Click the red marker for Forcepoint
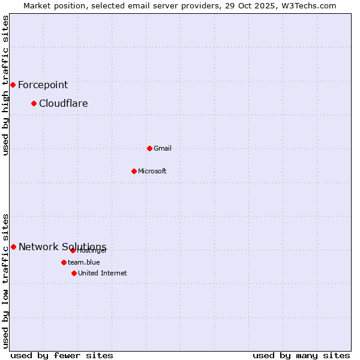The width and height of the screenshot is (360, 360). point(13,85)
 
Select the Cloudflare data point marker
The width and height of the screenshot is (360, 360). point(34,103)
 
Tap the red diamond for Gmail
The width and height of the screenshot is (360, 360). point(149,148)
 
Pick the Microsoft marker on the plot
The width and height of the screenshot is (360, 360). point(134,171)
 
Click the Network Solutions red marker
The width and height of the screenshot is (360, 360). point(13,247)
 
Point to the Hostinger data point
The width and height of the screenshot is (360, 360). point(73,250)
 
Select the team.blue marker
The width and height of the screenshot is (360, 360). point(64,262)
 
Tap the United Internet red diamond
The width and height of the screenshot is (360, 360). point(74,273)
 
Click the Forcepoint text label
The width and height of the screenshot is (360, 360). point(43,85)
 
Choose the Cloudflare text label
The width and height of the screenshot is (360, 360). point(63,104)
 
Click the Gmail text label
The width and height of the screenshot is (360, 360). point(162,148)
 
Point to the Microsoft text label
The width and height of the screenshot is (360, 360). point(152,171)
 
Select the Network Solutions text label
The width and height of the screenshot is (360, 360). point(62,247)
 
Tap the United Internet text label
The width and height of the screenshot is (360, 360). point(102,273)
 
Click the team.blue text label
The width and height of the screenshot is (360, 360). point(83,262)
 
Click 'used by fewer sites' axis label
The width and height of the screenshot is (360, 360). point(61,355)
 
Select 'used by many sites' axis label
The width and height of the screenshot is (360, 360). point(301,355)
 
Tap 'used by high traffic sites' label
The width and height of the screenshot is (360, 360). point(6,85)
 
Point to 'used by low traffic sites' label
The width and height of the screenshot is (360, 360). point(6,281)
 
